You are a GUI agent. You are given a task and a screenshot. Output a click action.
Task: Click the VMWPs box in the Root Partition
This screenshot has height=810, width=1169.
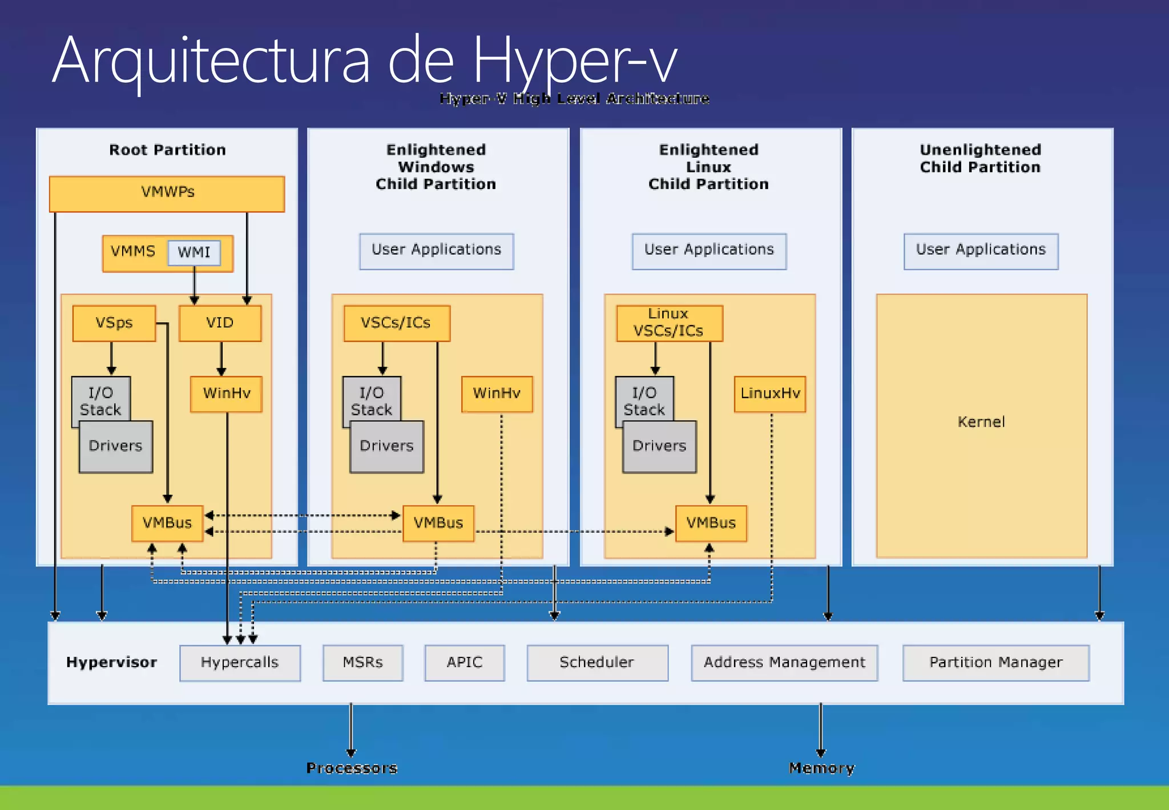(167, 193)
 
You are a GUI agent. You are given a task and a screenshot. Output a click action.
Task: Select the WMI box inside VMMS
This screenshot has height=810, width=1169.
(194, 252)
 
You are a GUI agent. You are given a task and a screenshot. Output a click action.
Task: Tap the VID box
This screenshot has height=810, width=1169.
(220, 323)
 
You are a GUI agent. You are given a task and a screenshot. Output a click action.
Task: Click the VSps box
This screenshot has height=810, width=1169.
(114, 323)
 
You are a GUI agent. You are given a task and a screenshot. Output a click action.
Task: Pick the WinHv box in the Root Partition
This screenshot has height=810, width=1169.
(226, 394)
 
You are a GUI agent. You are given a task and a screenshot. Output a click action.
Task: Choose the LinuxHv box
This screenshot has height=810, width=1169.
(769, 394)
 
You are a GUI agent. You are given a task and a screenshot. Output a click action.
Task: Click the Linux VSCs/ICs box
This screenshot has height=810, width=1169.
(669, 323)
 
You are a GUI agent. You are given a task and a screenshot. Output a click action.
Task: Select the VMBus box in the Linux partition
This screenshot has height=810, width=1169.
(711, 523)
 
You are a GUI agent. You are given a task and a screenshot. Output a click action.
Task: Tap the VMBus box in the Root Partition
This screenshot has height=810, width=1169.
(167, 523)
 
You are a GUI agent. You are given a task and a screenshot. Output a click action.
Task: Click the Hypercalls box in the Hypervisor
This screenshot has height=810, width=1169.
(240, 663)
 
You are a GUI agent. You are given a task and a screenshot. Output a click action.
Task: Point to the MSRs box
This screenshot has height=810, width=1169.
(362, 663)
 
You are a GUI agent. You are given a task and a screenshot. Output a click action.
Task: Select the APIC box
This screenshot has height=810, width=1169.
(464, 663)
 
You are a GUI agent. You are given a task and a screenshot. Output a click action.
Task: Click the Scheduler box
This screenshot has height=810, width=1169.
(597, 663)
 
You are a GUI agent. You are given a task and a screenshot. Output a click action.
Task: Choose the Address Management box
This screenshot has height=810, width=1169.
(784, 663)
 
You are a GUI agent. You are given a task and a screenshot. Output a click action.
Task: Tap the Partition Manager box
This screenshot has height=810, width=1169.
(995, 663)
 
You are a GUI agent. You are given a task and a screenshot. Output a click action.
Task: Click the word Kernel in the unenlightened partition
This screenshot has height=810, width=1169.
(981, 422)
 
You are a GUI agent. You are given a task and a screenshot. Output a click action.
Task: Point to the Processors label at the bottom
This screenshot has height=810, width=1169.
(352, 768)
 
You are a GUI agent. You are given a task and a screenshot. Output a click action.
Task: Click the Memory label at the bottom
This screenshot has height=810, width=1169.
(821, 768)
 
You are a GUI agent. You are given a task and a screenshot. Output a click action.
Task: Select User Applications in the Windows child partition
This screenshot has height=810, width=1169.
(436, 250)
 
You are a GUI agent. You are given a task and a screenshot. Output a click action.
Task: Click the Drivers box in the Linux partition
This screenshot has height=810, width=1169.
(659, 446)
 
